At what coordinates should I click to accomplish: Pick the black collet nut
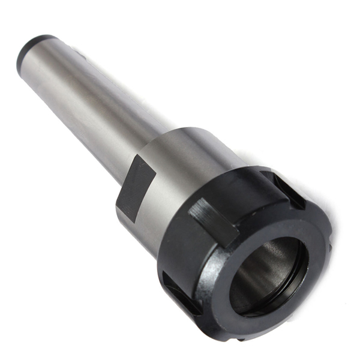click(252, 252)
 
